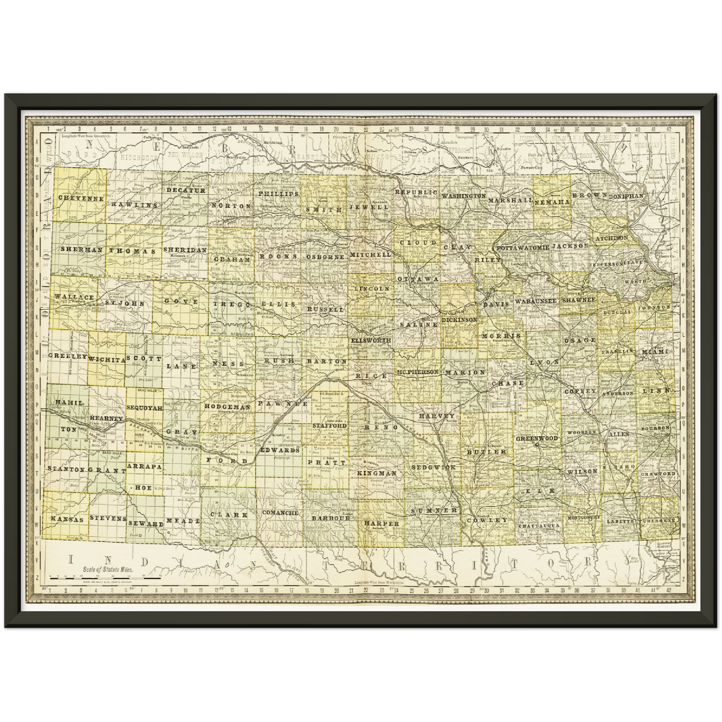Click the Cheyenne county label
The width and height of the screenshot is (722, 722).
tap(81, 198)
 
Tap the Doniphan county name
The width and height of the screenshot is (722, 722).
tap(626, 196)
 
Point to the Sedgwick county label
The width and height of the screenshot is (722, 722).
tap(434, 467)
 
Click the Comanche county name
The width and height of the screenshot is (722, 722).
tap(280, 513)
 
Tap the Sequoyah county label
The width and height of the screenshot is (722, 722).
tap(144, 408)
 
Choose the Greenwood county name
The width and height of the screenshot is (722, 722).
tap(537, 438)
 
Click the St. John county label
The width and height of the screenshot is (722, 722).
tap(118, 303)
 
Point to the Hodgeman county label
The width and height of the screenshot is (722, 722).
tap(227, 407)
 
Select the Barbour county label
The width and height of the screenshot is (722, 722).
tap(331, 518)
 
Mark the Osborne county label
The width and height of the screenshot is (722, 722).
tap(325, 256)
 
